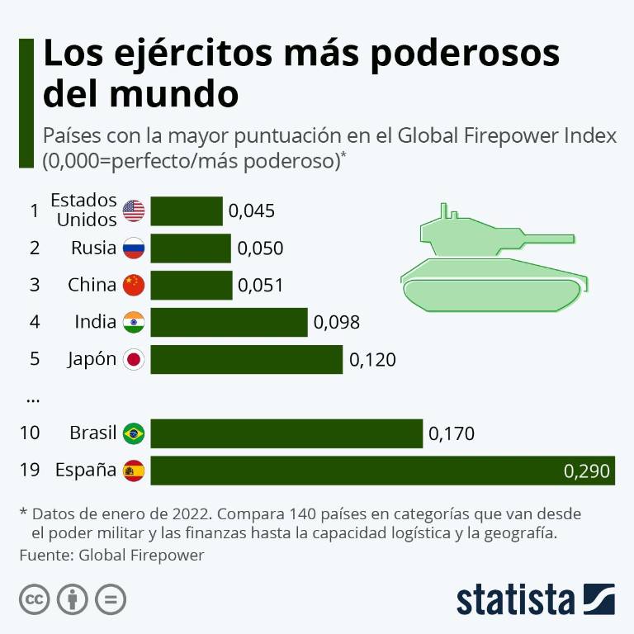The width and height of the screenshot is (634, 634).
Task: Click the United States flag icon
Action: click(x=133, y=211)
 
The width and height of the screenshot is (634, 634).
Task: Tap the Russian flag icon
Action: click(x=133, y=248)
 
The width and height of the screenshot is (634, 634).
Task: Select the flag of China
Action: click(x=133, y=285)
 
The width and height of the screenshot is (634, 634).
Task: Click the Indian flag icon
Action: click(x=133, y=322)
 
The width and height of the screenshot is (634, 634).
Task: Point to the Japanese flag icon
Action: click(x=133, y=360)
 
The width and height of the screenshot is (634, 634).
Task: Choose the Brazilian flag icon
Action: click(x=133, y=433)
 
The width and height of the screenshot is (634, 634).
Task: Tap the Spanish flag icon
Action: click(x=133, y=471)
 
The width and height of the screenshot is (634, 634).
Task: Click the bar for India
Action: click(x=229, y=322)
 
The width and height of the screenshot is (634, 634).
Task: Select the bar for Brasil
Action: click(x=286, y=433)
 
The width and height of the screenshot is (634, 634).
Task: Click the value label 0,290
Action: click(x=586, y=471)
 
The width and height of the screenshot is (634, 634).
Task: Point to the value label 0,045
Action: click(x=251, y=211)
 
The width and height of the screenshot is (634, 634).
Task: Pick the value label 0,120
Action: click(x=372, y=360)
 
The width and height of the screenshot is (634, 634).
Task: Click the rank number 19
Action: click(x=30, y=471)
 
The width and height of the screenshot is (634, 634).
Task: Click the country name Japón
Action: click(x=92, y=360)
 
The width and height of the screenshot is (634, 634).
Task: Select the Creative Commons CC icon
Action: click(x=34, y=598)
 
